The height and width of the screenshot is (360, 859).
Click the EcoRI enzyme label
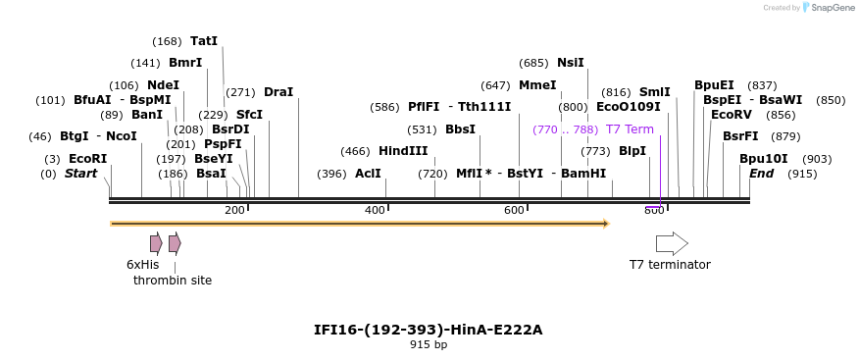click(x=87, y=159)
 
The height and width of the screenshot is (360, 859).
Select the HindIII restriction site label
click(x=403, y=151)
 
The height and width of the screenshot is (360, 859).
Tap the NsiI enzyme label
click(x=570, y=63)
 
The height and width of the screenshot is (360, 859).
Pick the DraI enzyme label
click(x=278, y=92)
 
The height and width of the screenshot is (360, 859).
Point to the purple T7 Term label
click(x=630, y=129)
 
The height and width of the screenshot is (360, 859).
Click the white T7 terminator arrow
click(x=672, y=243)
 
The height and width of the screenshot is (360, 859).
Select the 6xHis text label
click(x=142, y=265)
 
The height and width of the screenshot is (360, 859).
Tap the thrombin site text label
click(x=173, y=281)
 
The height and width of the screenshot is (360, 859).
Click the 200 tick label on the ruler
click(x=234, y=211)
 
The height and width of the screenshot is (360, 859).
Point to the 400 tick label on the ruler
click(x=375, y=211)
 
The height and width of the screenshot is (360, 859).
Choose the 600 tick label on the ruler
click(x=514, y=211)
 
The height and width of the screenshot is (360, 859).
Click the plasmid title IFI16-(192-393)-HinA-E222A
click(x=428, y=330)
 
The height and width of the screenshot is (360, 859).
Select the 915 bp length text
click(x=428, y=345)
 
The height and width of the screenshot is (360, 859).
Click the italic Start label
click(x=80, y=174)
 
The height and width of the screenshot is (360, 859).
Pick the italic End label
click(x=761, y=174)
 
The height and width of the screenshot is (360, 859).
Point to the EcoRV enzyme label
click(x=732, y=115)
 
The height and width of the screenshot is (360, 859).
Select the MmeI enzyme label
click(x=537, y=85)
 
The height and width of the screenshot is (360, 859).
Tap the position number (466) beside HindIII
click(x=355, y=151)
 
